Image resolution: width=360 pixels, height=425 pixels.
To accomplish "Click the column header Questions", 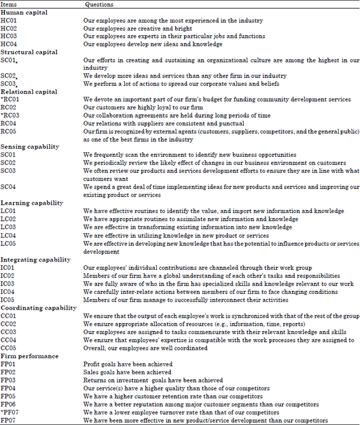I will point(99,4).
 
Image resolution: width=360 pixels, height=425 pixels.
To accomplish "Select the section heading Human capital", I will point(24,12).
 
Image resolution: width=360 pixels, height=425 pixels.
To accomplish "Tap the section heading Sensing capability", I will point(30,146).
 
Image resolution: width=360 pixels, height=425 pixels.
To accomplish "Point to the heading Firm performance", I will point(29,356).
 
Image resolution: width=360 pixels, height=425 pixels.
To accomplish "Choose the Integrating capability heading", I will point(35,259).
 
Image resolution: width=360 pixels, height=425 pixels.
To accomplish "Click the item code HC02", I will point(9,28).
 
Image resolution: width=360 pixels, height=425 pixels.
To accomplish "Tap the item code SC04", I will point(9,187).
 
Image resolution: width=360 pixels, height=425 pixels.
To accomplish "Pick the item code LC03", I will point(9,227).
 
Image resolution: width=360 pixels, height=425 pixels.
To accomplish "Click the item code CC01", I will point(9,316).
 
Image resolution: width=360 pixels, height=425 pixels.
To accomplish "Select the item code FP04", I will point(9,388).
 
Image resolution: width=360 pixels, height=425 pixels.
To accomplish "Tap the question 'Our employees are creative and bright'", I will point(137,28).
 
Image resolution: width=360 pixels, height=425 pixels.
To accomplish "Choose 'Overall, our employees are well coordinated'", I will point(145,348).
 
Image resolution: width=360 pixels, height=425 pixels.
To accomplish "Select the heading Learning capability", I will point(32,203).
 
